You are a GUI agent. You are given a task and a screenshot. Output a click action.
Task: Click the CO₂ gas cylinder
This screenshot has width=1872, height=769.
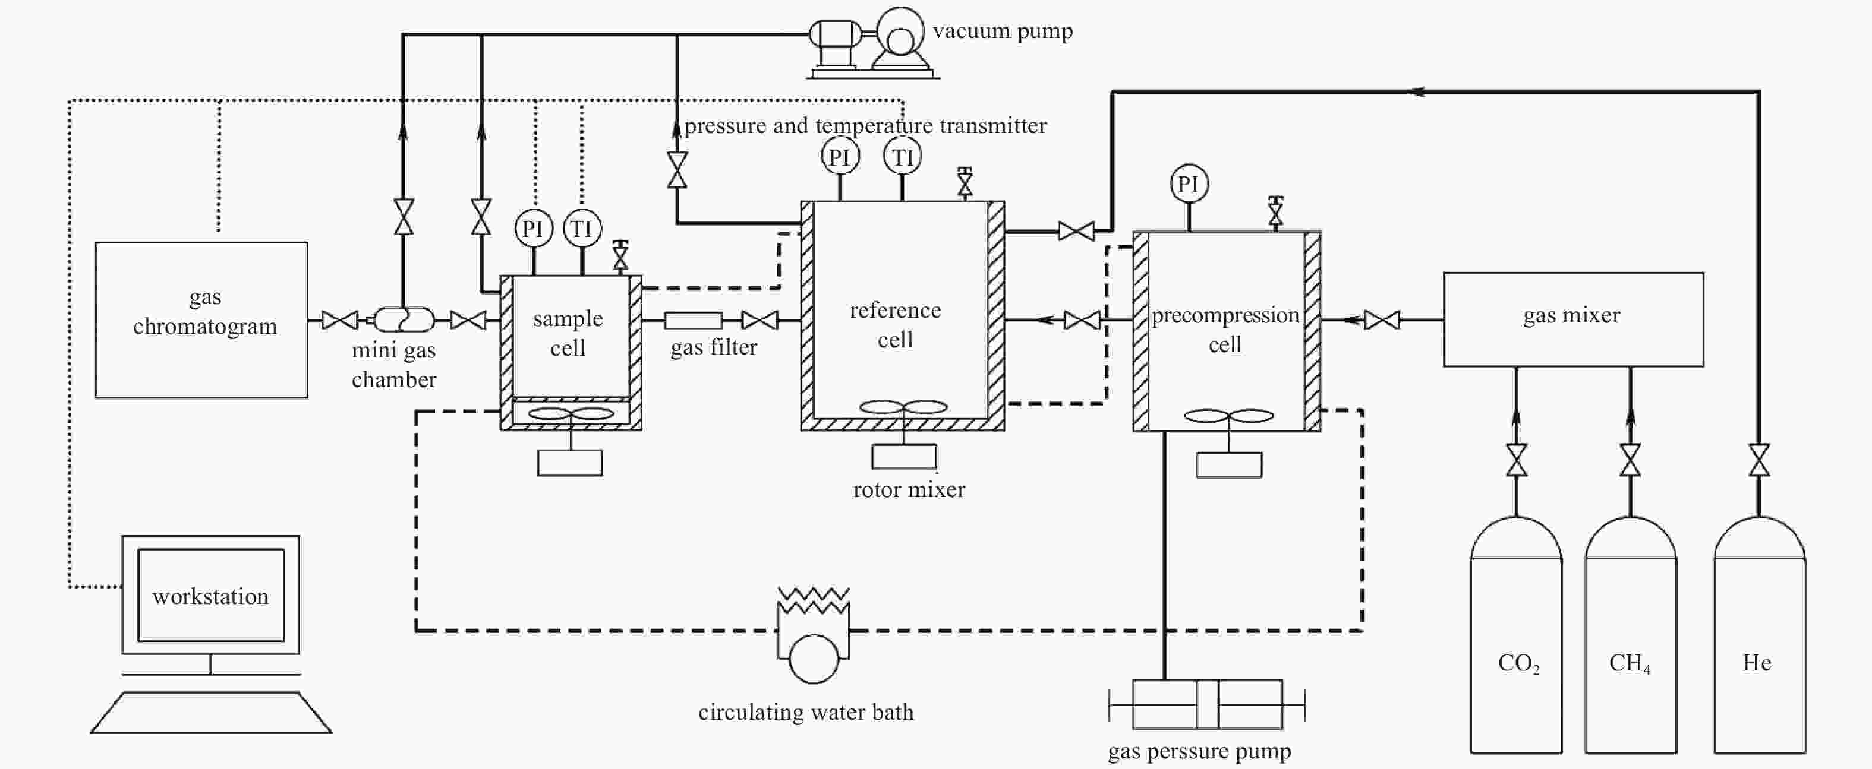point(1516,635)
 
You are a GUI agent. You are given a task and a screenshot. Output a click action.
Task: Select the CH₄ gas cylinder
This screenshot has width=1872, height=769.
point(1631,635)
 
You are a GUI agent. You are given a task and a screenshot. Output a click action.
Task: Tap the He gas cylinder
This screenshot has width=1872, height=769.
point(1759,635)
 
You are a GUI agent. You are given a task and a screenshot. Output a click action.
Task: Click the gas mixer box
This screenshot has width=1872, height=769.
point(1573,319)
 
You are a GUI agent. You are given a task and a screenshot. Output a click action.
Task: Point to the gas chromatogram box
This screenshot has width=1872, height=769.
point(201,320)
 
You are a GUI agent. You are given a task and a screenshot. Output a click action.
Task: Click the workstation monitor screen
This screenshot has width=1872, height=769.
point(211,596)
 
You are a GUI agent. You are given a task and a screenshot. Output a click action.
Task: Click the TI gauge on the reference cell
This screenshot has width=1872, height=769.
point(903,156)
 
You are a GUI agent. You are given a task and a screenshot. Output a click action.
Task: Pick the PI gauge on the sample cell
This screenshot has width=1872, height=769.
point(534,229)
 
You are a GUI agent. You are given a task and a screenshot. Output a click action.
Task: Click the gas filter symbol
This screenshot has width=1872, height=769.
point(692,320)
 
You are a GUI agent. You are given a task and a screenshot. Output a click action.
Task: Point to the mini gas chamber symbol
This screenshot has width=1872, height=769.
point(404,319)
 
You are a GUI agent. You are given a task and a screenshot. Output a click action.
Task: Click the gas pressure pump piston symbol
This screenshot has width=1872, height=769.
point(1207,704)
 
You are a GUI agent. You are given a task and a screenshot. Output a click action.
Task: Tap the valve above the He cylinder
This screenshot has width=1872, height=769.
point(1759,460)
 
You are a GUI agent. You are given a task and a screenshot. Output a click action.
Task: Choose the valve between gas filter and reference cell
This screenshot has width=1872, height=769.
point(759,320)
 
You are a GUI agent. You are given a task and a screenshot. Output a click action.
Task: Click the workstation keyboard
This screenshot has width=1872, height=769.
point(211,713)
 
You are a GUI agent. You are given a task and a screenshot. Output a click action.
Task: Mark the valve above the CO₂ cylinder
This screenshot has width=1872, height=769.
point(1516,460)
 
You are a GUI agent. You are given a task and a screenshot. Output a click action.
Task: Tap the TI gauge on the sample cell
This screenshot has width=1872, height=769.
point(581,229)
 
